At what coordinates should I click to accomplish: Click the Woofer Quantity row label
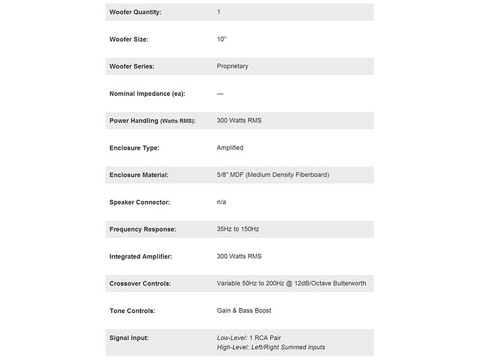point(135,12)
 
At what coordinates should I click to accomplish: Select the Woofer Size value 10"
point(222,39)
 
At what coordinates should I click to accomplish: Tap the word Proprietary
point(232,66)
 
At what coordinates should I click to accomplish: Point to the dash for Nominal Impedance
point(220,94)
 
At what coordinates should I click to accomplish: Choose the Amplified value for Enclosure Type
point(230,148)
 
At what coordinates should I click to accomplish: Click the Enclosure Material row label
point(139,175)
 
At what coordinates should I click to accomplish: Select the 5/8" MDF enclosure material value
point(272,175)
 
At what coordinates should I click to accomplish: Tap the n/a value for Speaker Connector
point(221,202)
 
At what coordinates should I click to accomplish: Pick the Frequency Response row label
point(142,229)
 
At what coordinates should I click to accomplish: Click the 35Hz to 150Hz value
point(238,229)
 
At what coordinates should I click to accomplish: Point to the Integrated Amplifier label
point(140,257)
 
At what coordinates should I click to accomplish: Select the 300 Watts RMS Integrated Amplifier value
point(239,256)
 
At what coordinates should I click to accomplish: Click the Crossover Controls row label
point(140,284)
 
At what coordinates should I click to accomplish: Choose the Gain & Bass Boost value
point(244,311)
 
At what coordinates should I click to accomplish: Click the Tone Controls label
point(132,311)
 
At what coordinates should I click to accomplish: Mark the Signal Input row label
point(128,338)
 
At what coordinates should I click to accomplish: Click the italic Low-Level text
point(232,338)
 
